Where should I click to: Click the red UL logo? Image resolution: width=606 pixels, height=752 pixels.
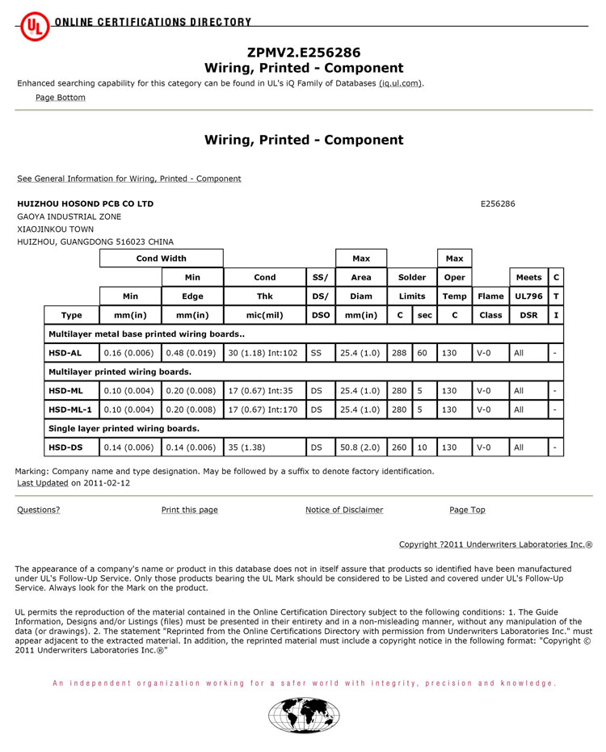[x=35, y=26]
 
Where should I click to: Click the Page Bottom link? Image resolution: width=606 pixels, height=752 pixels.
[x=60, y=98]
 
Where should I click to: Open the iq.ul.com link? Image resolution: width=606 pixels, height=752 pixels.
[x=400, y=83]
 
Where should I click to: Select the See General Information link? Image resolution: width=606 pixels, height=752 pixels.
[x=129, y=179]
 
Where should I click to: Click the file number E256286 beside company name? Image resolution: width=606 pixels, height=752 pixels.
[x=498, y=204]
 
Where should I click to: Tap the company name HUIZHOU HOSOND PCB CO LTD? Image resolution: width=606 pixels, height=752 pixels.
[x=85, y=204]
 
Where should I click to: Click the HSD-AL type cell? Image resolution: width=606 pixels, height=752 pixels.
[x=65, y=353]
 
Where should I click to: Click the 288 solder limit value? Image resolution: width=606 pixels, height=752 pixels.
[x=399, y=353]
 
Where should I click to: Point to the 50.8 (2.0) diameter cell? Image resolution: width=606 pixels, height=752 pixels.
[x=361, y=447]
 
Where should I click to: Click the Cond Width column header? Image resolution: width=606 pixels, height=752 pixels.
[x=161, y=258]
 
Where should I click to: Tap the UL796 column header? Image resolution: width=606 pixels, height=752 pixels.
[x=528, y=296]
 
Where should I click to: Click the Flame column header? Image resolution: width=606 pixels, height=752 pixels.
[x=490, y=296]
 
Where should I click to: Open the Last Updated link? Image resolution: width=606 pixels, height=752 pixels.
[x=43, y=483]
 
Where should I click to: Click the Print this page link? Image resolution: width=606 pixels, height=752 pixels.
[x=189, y=510]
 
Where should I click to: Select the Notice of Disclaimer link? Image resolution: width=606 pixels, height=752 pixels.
[x=344, y=510]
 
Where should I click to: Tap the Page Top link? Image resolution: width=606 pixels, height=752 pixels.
[x=467, y=510]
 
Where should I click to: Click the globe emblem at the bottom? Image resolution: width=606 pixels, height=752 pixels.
[x=304, y=716]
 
